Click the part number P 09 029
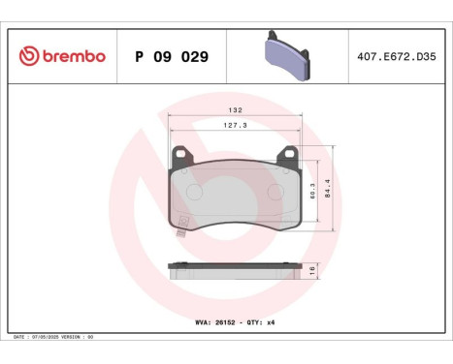point(171,56)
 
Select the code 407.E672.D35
point(399,56)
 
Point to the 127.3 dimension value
point(235,126)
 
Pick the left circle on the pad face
point(194,192)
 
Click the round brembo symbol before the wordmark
point(28,56)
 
